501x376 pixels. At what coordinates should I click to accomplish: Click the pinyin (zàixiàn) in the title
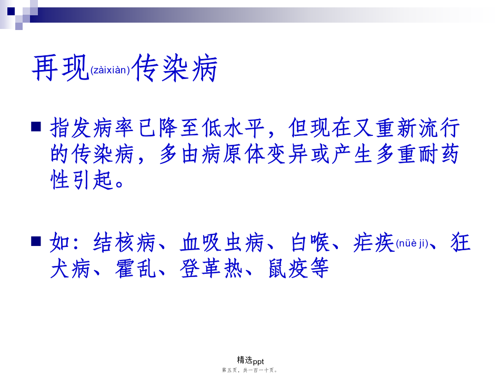(110, 70)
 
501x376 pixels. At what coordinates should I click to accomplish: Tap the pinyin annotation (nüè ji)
(412, 244)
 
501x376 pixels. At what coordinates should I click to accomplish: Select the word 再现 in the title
(61, 67)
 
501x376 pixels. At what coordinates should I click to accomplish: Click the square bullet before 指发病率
(36, 126)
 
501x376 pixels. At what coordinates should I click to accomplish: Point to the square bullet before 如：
(36, 241)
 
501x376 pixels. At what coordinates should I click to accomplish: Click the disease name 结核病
(125, 242)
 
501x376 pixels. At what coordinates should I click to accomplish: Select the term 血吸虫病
(222, 242)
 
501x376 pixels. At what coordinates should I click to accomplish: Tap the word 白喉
(310, 242)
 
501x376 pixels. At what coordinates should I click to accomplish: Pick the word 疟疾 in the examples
(374, 242)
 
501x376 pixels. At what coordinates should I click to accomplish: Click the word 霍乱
(135, 268)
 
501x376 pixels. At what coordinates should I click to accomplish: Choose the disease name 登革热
(212, 268)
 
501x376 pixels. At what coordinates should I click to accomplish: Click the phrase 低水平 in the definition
(233, 128)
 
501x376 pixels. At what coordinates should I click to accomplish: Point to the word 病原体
(233, 154)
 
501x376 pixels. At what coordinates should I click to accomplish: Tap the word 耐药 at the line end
(439, 154)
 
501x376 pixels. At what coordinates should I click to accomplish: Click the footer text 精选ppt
(250, 361)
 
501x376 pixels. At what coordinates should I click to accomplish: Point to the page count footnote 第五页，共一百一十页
(249, 370)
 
